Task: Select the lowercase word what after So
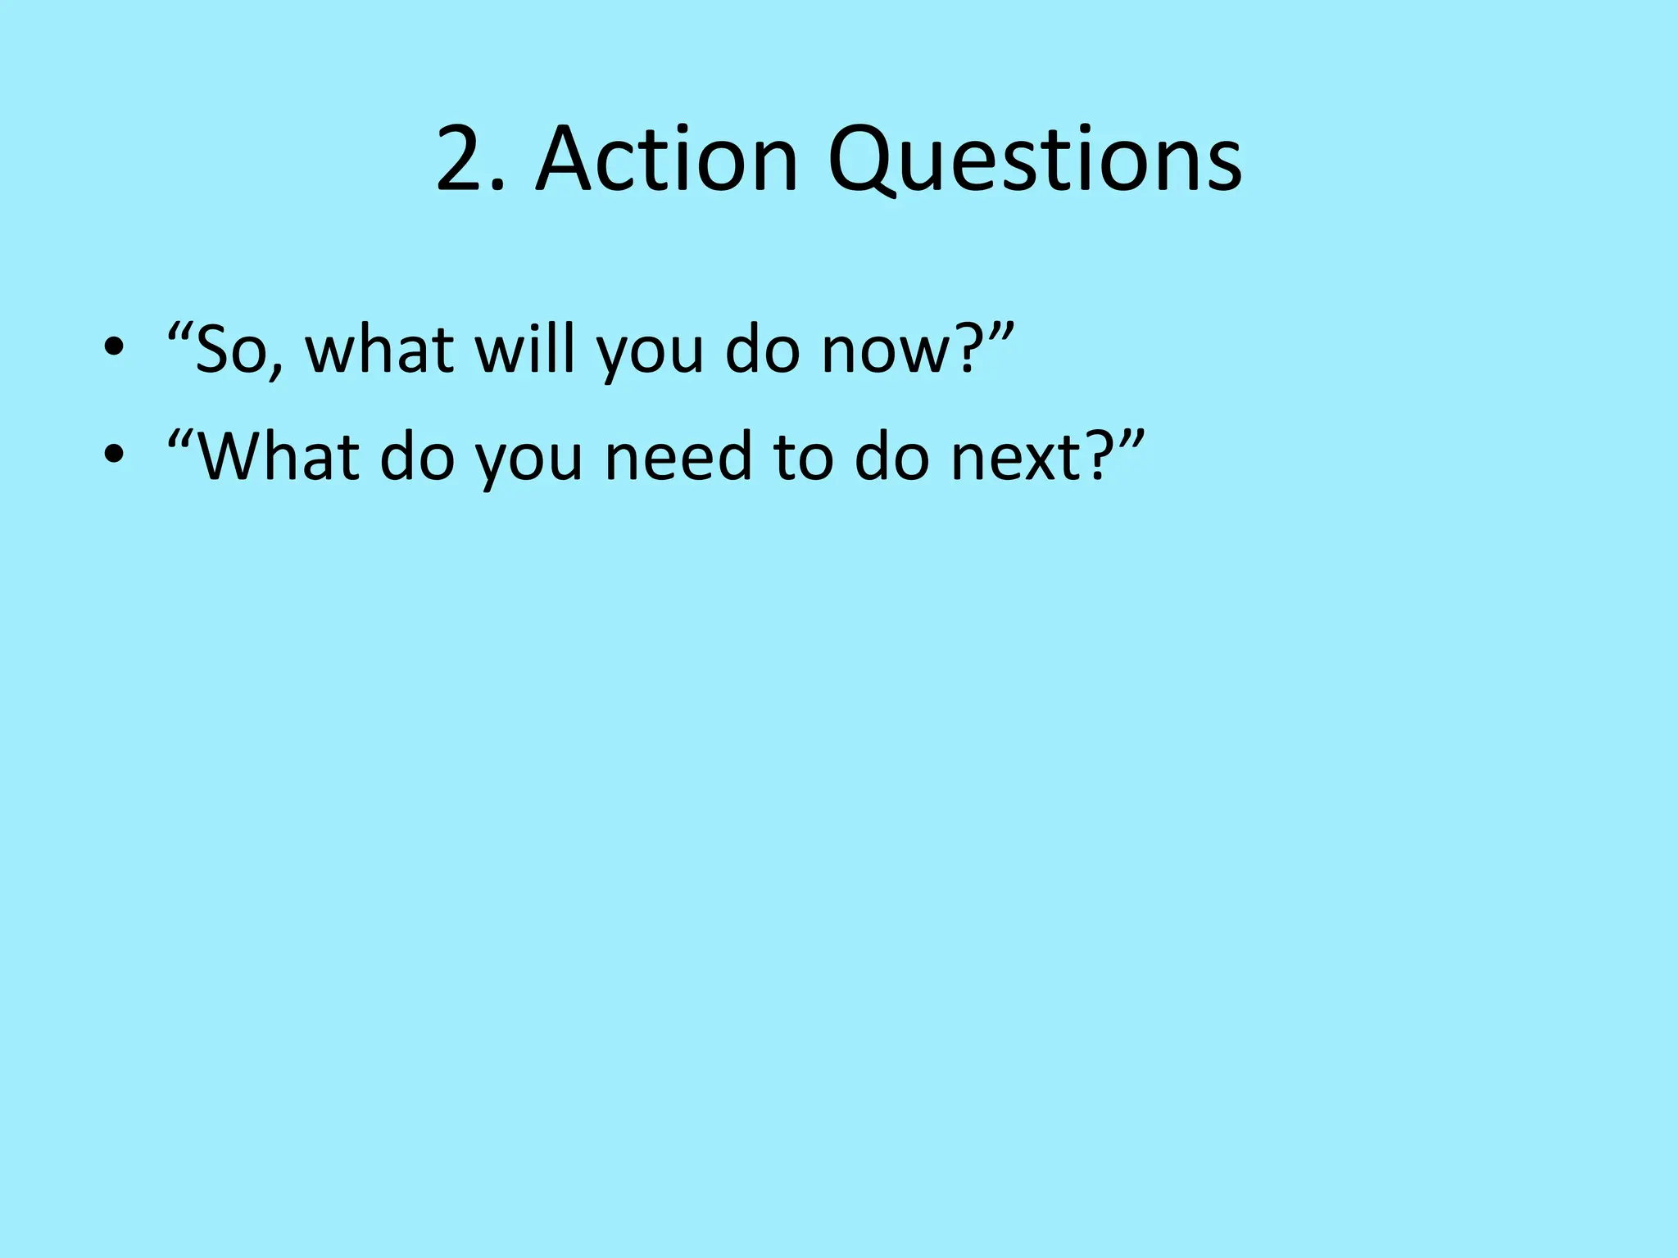click(379, 349)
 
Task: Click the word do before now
click(762, 349)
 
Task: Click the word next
click(1017, 457)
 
